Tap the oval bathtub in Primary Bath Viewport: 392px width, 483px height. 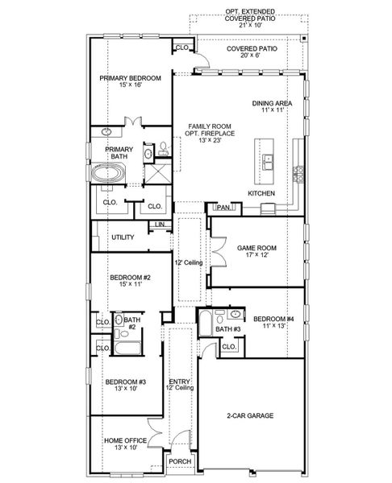[x=108, y=172]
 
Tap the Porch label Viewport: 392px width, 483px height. [x=179, y=461]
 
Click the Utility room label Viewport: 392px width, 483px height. [x=123, y=237]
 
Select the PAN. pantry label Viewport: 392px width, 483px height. [x=223, y=208]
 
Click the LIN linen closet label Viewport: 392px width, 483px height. [x=160, y=224]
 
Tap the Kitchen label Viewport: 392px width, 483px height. [x=262, y=195]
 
